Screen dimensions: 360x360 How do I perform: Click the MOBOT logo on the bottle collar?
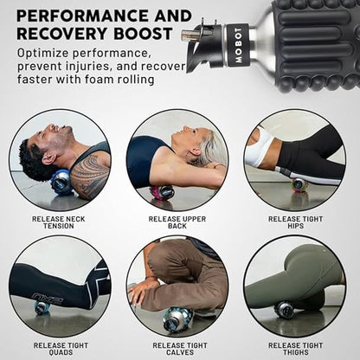[238, 45]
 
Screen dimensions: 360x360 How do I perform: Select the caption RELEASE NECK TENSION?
[59, 222]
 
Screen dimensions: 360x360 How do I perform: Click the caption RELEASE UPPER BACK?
[177, 222]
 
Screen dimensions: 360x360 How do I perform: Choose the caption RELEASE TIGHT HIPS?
[295, 222]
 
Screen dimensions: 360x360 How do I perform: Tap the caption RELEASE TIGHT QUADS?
[61, 349]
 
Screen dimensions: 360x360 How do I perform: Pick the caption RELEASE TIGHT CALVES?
[180, 349]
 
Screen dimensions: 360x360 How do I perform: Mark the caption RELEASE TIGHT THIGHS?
[295, 349]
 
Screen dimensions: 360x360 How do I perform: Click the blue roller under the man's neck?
[61, 183]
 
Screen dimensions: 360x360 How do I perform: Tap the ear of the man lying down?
[53, 158]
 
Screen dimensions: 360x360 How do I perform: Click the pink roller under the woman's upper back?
[162, 192]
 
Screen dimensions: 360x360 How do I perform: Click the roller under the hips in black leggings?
[299, 183]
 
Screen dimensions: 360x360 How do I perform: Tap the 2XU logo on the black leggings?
[48, 299]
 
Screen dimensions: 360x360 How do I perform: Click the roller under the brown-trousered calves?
[177, 319]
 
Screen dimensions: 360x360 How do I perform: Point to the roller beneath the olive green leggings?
[285, 309]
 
